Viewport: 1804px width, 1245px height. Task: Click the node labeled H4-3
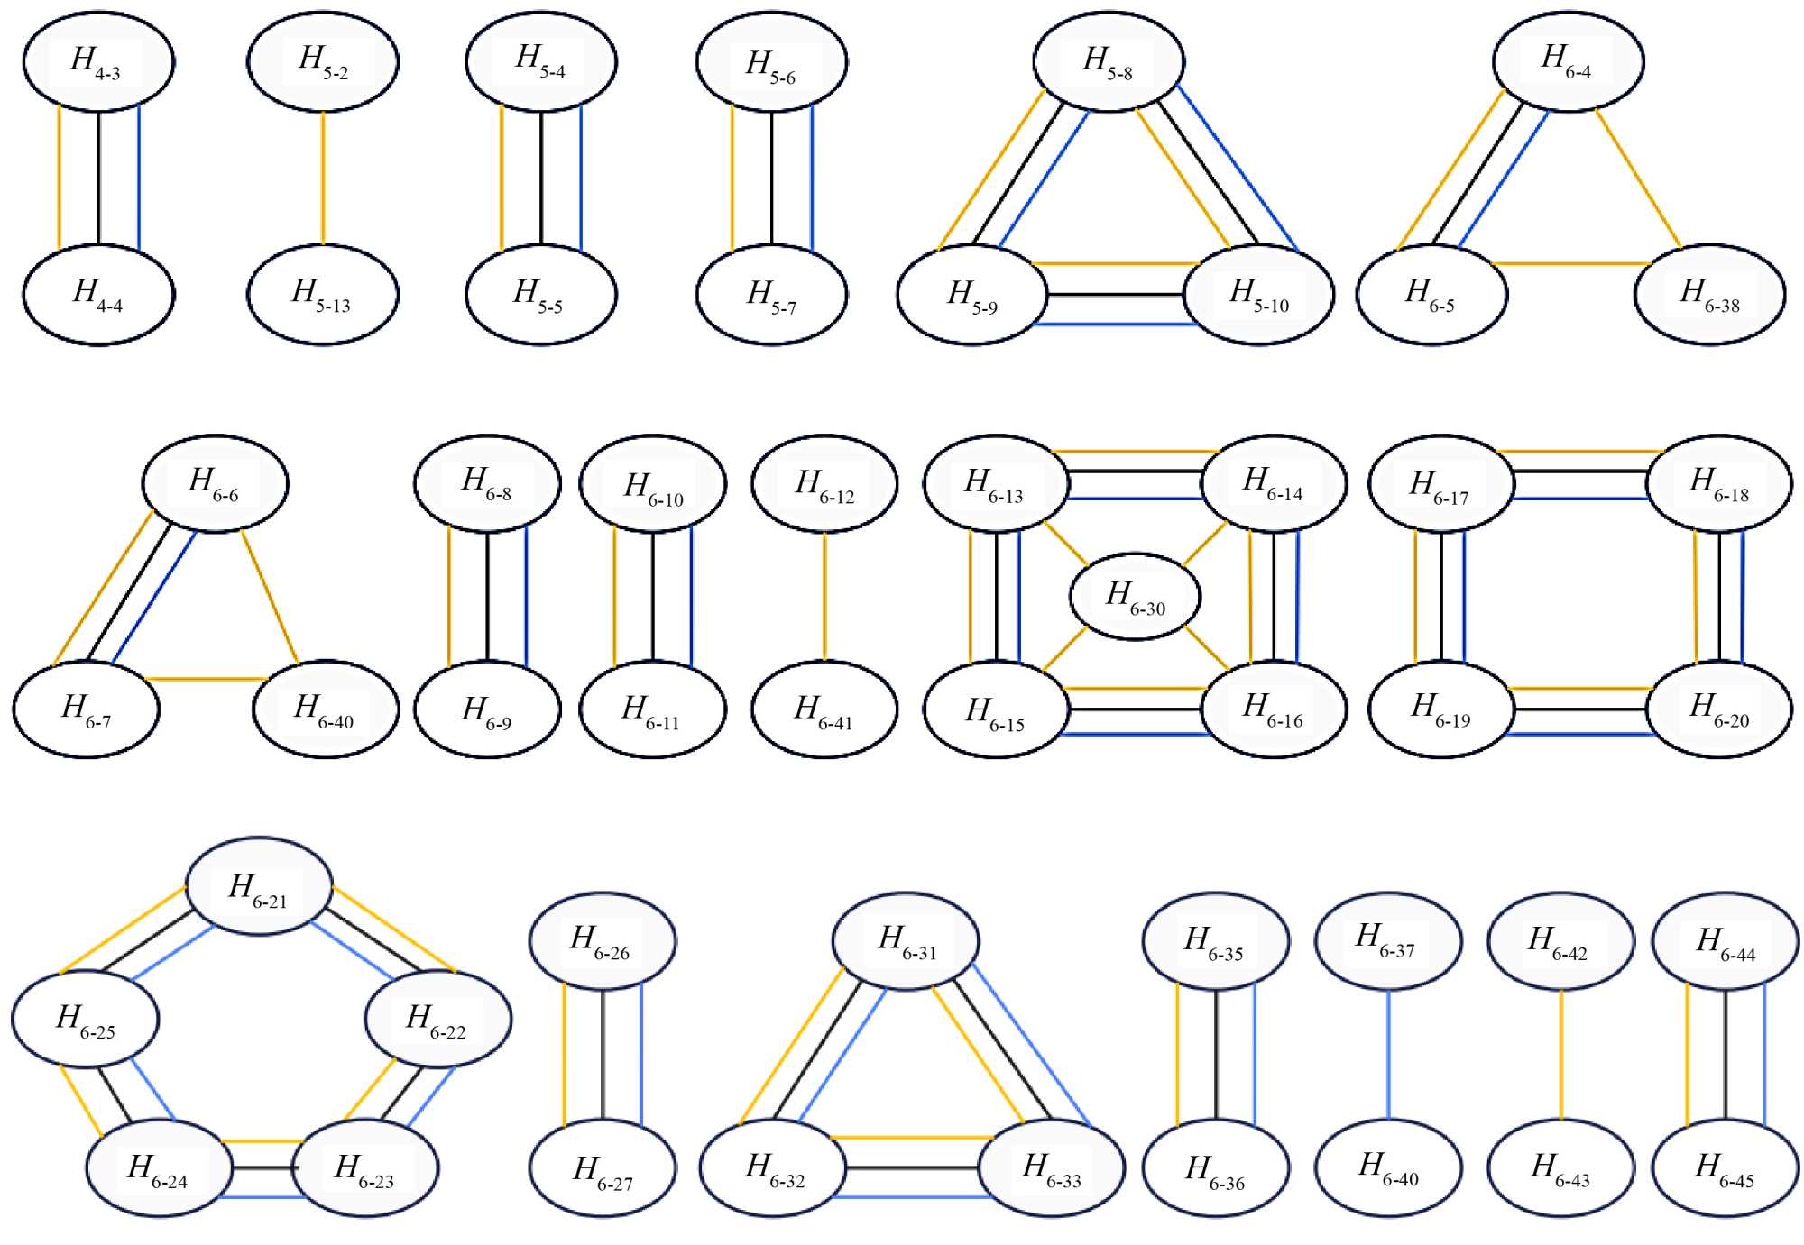click(98, 61)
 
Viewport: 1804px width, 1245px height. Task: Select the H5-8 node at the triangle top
click(1109, 61)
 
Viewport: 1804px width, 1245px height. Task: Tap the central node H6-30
click(1135, 596)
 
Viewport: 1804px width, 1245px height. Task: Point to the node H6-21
click(259, 887)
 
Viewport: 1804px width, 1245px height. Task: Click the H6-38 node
click(1709, 294)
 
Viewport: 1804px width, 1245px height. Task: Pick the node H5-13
click(322, 294)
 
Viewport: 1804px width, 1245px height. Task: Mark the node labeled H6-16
click(1273, 709)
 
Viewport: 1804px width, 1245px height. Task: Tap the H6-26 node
click(602, 940)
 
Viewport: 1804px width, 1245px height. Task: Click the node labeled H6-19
click(1440, 709)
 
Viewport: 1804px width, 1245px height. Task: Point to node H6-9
click(487, 709)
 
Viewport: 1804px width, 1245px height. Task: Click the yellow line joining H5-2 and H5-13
click(323, 178)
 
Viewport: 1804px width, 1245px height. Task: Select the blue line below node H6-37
click(1388, 1054)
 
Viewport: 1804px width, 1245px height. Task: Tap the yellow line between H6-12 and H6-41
click(824, 596)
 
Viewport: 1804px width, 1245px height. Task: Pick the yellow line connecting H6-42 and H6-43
click(1561, 1054)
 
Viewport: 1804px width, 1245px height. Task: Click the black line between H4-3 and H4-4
click(98, 178)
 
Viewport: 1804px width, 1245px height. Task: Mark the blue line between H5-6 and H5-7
click(812, 178)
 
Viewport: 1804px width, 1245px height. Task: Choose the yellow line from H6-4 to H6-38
click(1638, 178)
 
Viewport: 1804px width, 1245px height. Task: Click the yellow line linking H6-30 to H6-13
click(1067, 543)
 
